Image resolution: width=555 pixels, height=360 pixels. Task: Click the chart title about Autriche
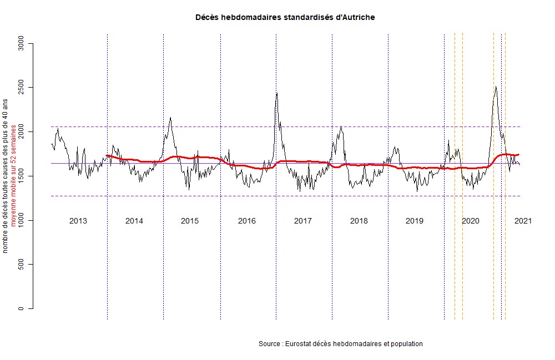click(285, 18)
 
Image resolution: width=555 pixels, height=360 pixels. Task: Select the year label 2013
click(78, 221)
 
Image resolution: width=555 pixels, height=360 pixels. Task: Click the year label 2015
click(190, 221)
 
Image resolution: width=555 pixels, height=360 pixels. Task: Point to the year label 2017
click(302, 221)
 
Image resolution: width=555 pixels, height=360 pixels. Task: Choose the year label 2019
click(415, 221)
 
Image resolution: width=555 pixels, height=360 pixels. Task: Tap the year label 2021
click(523, 221)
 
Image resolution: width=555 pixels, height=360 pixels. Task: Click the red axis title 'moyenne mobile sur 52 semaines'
click(13, 176)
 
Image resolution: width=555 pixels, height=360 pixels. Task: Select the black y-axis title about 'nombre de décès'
click(6, 176)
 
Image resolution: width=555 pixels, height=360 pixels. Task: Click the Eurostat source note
click(340, 344)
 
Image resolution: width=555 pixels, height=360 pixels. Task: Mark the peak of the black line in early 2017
click(276, 93)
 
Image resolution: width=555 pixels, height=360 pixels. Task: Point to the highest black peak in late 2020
click(496, 87)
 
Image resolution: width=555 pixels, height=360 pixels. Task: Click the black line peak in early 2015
click(170, 118)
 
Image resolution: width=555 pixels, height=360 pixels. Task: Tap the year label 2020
click(471, 221)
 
